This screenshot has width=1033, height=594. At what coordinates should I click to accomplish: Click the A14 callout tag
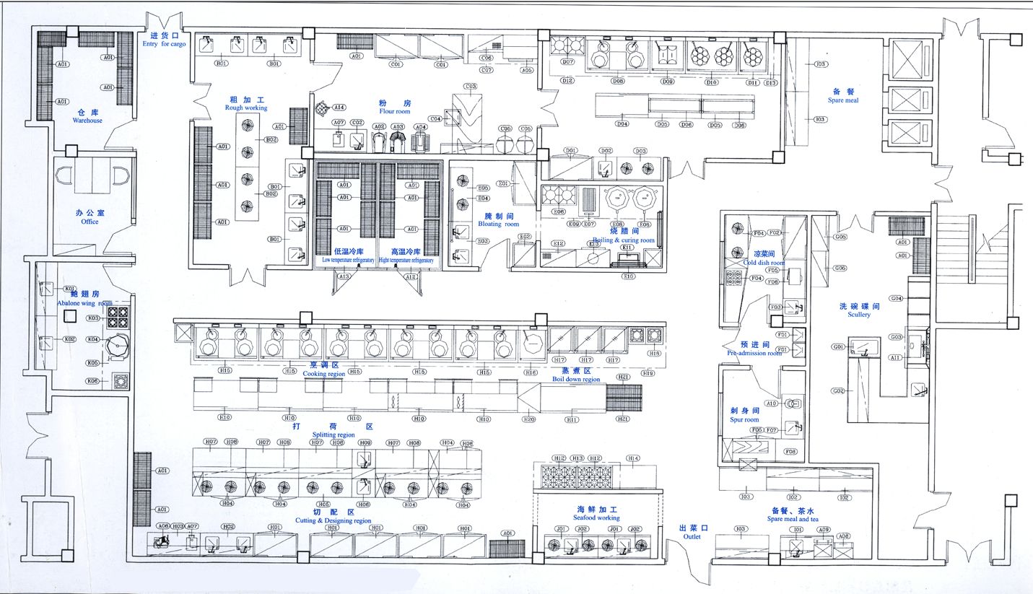[x=339, y=108]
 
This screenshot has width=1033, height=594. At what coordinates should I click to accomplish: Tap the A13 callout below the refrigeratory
[x=344, y=277]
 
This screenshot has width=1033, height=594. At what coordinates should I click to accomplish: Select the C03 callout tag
[x=471, y=87]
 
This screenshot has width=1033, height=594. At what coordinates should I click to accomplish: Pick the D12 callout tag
[x=567, y=81]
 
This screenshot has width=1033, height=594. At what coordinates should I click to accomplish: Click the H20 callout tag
[x=529, y=419]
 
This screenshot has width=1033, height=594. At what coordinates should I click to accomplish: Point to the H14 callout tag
[x=633, y=458]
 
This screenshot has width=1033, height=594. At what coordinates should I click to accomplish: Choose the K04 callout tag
[x=92, y=339]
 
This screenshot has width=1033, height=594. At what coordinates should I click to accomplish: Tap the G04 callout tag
[x=896, y=298]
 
